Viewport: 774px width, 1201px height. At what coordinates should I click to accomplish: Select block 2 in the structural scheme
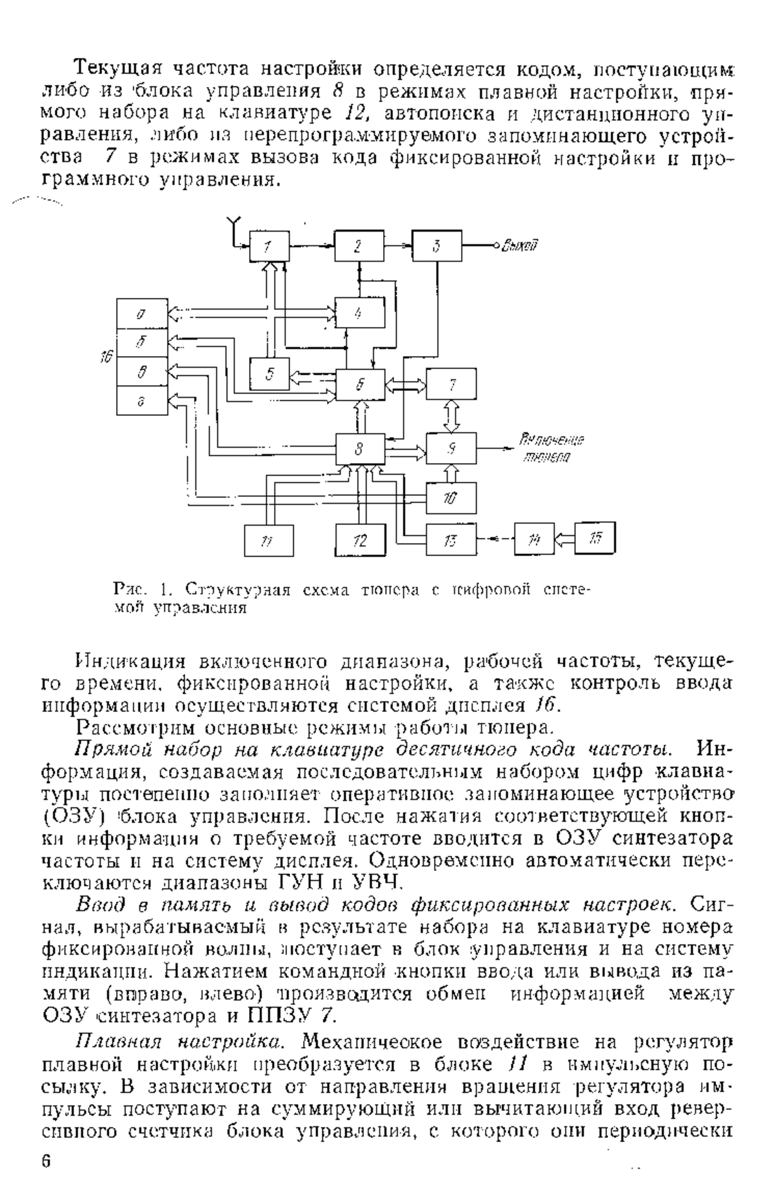[x=359, y=246]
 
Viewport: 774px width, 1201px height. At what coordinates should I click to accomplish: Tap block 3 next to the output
[x=437, y=246]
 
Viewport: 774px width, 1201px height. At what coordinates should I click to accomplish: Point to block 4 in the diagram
[x=359, y=314]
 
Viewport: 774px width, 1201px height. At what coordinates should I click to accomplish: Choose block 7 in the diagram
[x=451, y=384]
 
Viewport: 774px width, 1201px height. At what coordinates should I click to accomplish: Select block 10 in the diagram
[x=451, y=497]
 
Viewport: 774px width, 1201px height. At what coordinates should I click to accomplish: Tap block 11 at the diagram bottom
[x=269, y=541]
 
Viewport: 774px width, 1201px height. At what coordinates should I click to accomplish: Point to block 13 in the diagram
[x=451, y=541]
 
